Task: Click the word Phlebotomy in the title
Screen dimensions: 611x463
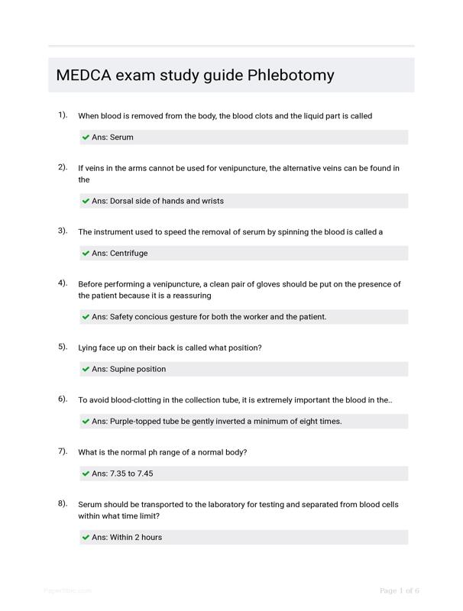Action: pyautogui.click(x=291, y=76)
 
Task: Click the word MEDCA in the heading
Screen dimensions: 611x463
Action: pyautogui.click(x=84, y=76)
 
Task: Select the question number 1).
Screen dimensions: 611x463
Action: pyautogui.click(x=63, y=115)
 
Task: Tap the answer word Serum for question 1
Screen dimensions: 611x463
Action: pyautogui.click(x=121, y=137)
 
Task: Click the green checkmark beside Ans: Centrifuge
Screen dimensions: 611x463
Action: pyautogui.click(x=86, y=253)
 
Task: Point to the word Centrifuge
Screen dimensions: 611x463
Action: pyautogui.click(x=129, y=253)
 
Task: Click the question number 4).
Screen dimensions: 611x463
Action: pyautogui.click(x=63, y=283)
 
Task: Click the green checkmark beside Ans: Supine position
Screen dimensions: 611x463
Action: pyautogui.click(x=86, y=369)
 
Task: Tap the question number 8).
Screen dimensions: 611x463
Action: pyautogui.click(x=63, y=503)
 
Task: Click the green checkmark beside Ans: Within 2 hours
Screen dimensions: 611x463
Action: pyautogui.click(x=86, y=537)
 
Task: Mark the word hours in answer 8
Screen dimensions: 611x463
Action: pyautogui.click(x=151, y=537)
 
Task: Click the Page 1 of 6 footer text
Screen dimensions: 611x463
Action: pyautogui.click(x=400, y=590)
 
